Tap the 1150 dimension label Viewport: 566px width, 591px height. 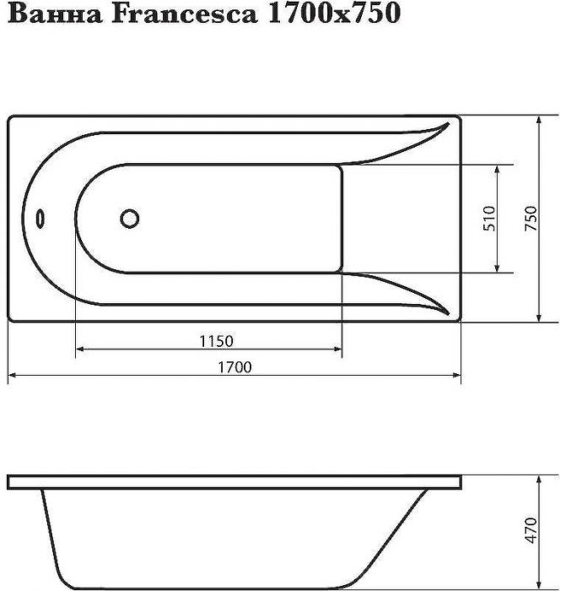point(216,341)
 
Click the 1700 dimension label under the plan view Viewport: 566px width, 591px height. point(236,366)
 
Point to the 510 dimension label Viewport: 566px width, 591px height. point(492,219)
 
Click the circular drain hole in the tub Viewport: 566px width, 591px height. point(130,219)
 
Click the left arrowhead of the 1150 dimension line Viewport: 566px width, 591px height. point(81,349)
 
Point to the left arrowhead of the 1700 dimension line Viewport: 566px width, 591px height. point(13,374)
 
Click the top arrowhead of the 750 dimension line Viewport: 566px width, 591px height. point(538,121)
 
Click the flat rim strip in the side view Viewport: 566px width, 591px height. point(234,482)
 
